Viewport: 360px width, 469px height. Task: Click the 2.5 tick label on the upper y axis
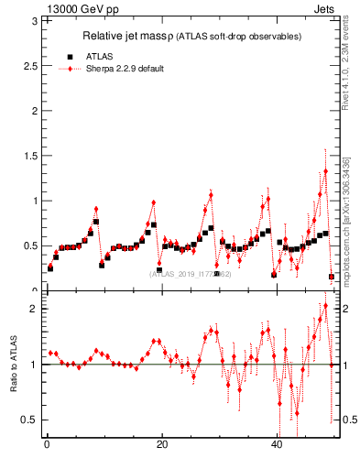point(31,66)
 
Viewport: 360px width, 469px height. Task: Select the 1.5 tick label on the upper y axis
point(31,156)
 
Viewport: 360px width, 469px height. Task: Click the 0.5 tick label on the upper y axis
point(31,245)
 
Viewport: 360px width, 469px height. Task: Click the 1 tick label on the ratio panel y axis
point(35,365)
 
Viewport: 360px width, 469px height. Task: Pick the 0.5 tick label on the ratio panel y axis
point(31,420)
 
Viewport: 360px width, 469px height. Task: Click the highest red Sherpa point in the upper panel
point(325,171)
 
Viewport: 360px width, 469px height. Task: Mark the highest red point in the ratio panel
point(325,306)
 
